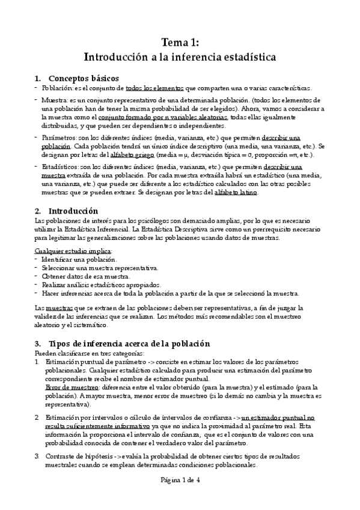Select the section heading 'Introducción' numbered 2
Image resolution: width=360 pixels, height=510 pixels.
tap(73, 211)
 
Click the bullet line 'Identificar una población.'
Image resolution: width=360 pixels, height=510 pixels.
tap(80, 259)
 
